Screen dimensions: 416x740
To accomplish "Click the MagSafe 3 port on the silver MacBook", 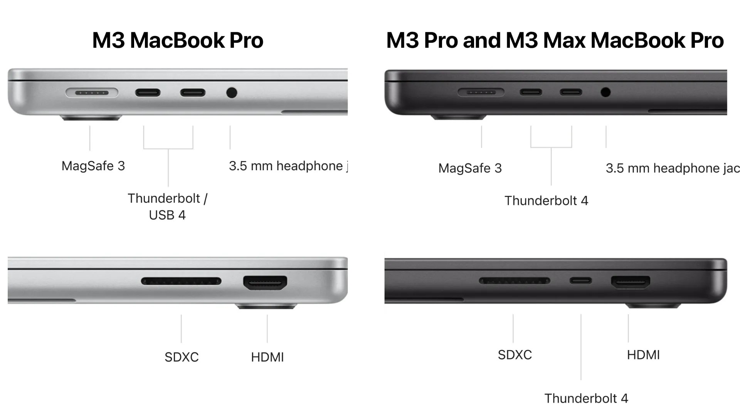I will [x=92, y=93].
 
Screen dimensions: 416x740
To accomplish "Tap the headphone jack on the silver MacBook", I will [x=231, y=93].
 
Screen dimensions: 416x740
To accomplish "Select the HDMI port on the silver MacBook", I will [x=265, y=283].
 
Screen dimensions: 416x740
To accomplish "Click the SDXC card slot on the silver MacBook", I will [x=181, y=281].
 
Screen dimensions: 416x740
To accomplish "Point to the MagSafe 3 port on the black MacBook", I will [x=481, y=92].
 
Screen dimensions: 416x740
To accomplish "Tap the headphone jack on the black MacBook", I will [x=605, y=92].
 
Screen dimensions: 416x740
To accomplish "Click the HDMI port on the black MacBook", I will [x=631, y=282].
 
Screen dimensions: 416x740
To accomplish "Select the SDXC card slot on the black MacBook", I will [x=515, y=280].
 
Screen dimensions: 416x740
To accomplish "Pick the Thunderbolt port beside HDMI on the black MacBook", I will [x=581, y=280].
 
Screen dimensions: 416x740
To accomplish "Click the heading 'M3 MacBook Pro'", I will [x=178, y=40].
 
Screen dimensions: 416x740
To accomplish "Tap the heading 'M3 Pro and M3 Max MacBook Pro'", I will [x=555, y=40].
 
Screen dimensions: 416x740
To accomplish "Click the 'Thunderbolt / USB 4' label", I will [x=168, y=206].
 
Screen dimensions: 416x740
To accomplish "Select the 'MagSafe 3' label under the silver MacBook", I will [x=93, y=166].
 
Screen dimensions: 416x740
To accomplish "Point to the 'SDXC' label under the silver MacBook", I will [x=182, y=357].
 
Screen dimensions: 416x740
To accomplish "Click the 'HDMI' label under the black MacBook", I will [x=643, y=355].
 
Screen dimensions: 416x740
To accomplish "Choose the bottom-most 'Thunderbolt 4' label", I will [x=586, y=398].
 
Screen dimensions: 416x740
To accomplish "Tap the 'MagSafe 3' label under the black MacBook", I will [x=470, y=168].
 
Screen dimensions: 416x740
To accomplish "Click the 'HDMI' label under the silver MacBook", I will [x=267, y=357].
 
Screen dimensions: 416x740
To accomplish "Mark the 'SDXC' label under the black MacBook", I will [x=515, y=355].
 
